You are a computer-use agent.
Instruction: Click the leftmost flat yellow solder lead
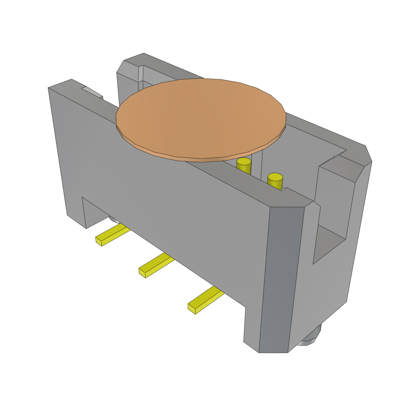point(113,234)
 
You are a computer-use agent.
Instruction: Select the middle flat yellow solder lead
point(157,264)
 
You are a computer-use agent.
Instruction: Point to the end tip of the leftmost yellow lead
point(99,241)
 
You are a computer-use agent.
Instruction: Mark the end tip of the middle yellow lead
point(142,272)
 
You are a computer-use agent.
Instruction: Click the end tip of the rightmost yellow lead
point(192,308)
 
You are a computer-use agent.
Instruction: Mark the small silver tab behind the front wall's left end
point(93,93)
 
